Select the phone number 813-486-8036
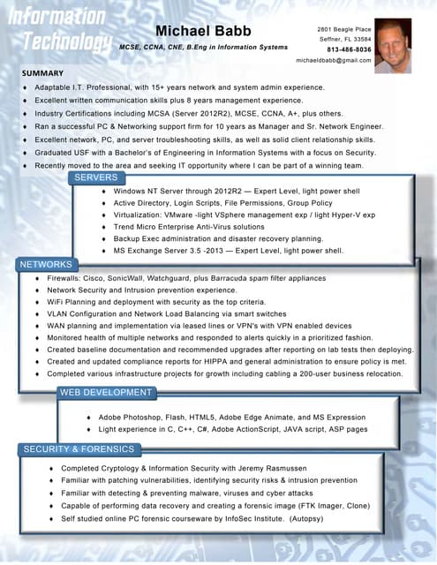click(349, 49)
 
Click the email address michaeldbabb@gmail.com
click(334, 60)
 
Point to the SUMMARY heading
click(42, 72)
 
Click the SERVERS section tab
click(95, 177)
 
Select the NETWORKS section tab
click(46, 264)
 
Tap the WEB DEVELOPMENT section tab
click(106, 392)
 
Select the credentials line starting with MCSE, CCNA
click(201, 47)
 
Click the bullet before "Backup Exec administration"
click(105, 239)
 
